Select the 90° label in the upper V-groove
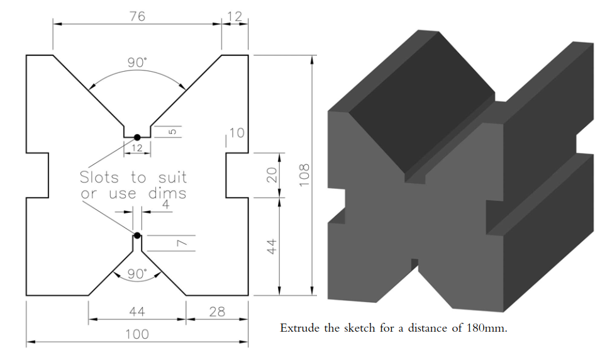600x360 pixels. (137, 62)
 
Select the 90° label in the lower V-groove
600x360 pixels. (137, 274)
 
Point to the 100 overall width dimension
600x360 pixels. (137, 334)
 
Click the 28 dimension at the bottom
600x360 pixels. (216, 312)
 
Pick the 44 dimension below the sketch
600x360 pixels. (137, 312)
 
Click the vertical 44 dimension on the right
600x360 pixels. (272, 246)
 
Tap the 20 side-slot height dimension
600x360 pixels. (272, 176)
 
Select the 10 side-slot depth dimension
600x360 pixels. (236, 133)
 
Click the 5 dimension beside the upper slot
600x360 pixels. (172, 132)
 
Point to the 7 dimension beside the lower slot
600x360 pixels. (179, 243)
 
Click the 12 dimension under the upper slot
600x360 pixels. (137, 148)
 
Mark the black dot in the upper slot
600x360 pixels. (137, 137)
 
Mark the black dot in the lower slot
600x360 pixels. (137, 236)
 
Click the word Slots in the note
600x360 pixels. (102, 177)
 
